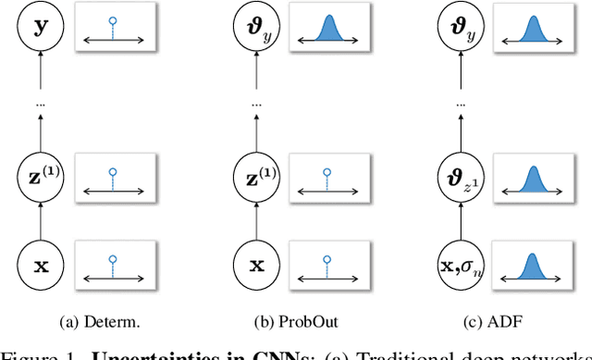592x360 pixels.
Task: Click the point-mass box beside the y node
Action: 112,29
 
